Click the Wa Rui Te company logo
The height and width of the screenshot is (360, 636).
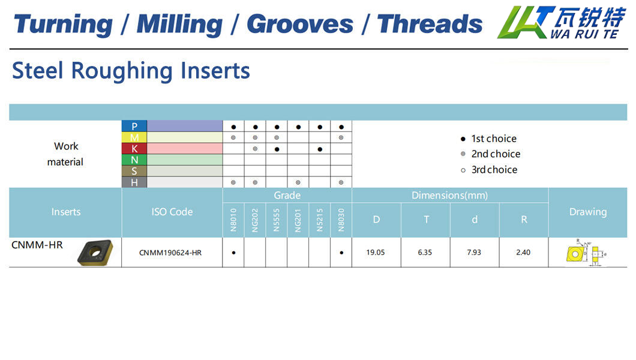562,22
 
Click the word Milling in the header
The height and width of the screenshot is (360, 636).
179,25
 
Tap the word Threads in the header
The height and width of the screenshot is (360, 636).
430,24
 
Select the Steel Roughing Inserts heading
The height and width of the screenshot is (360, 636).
131,71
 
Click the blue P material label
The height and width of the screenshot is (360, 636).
134,126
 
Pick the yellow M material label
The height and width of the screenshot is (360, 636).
134,137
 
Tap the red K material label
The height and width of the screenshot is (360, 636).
134,149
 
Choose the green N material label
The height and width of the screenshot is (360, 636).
134,160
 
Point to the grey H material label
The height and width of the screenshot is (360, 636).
134,182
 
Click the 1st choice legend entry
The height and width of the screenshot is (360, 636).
489,139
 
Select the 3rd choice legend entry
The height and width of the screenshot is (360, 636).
489,170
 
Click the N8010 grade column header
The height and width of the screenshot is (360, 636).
233,220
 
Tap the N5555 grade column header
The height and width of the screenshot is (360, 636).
276,220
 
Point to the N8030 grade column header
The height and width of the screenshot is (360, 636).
341,220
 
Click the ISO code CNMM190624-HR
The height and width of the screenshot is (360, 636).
170,253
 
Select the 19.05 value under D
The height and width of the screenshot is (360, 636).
376,252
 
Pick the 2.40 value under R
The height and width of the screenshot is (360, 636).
523,252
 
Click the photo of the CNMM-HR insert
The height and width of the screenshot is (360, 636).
95,253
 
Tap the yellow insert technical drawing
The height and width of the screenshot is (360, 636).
586,253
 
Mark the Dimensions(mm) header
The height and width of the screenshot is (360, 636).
450,196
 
